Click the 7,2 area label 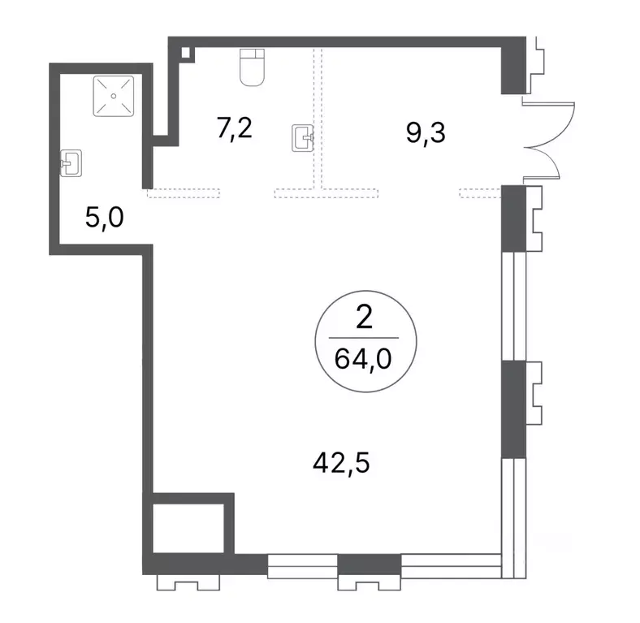(234, 129)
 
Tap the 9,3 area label (426, 132)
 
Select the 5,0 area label (105, 217)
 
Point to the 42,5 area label (341, 463)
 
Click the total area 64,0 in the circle (363, 359)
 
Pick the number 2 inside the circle (364, 318)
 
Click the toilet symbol (253, 67)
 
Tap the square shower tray (114, 96)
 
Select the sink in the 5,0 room (71, 163)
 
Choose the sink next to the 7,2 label (303, 138)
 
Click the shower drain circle (114, 96)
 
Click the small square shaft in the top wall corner (186, 52)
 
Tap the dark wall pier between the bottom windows (370, 565)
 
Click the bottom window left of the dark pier (302, 566)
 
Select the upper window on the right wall (514, 305)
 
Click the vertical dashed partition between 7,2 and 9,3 (318, 119)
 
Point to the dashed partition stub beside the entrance (481, 193)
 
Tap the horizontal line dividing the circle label (364, 338)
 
